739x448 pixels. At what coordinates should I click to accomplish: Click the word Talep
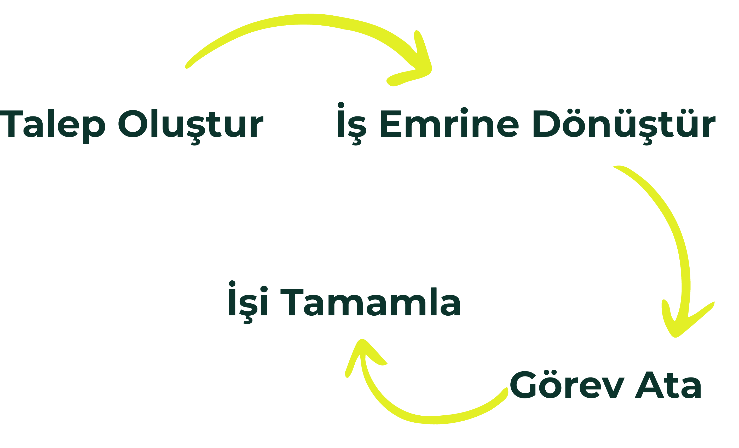[53, 123]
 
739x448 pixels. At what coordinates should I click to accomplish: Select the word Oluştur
[190, 123]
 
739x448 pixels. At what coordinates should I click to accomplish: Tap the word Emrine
[449, 123]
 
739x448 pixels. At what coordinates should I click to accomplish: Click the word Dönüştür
[624, 123]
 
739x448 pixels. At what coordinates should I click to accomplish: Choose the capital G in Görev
[524, 385]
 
